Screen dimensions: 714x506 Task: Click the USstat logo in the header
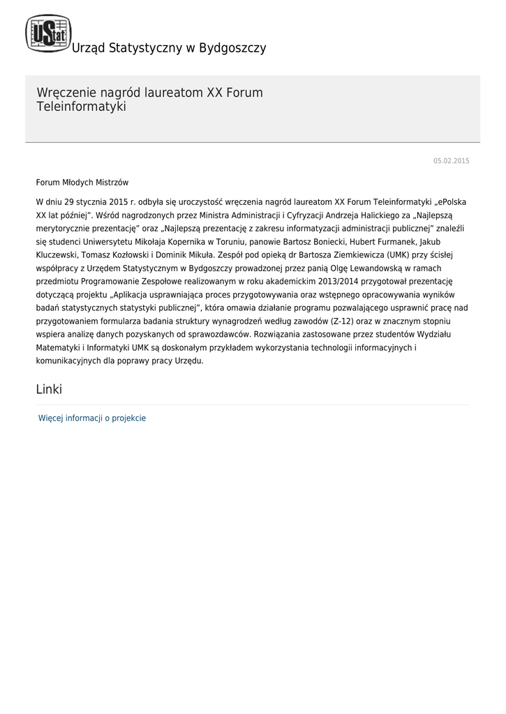[x=48, y=33]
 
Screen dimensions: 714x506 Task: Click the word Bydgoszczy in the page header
[x=232, y=48]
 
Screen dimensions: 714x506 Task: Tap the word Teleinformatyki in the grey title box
[x=81, y=107]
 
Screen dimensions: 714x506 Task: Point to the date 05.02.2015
[x=451, y=161]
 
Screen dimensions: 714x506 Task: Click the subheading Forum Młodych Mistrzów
[x=82, y=183]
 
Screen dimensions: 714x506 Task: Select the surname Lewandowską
[x=396, y=268]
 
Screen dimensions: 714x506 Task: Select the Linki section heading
[x=49, y=390]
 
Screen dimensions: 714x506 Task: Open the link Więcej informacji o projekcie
[x=92, y=418]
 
